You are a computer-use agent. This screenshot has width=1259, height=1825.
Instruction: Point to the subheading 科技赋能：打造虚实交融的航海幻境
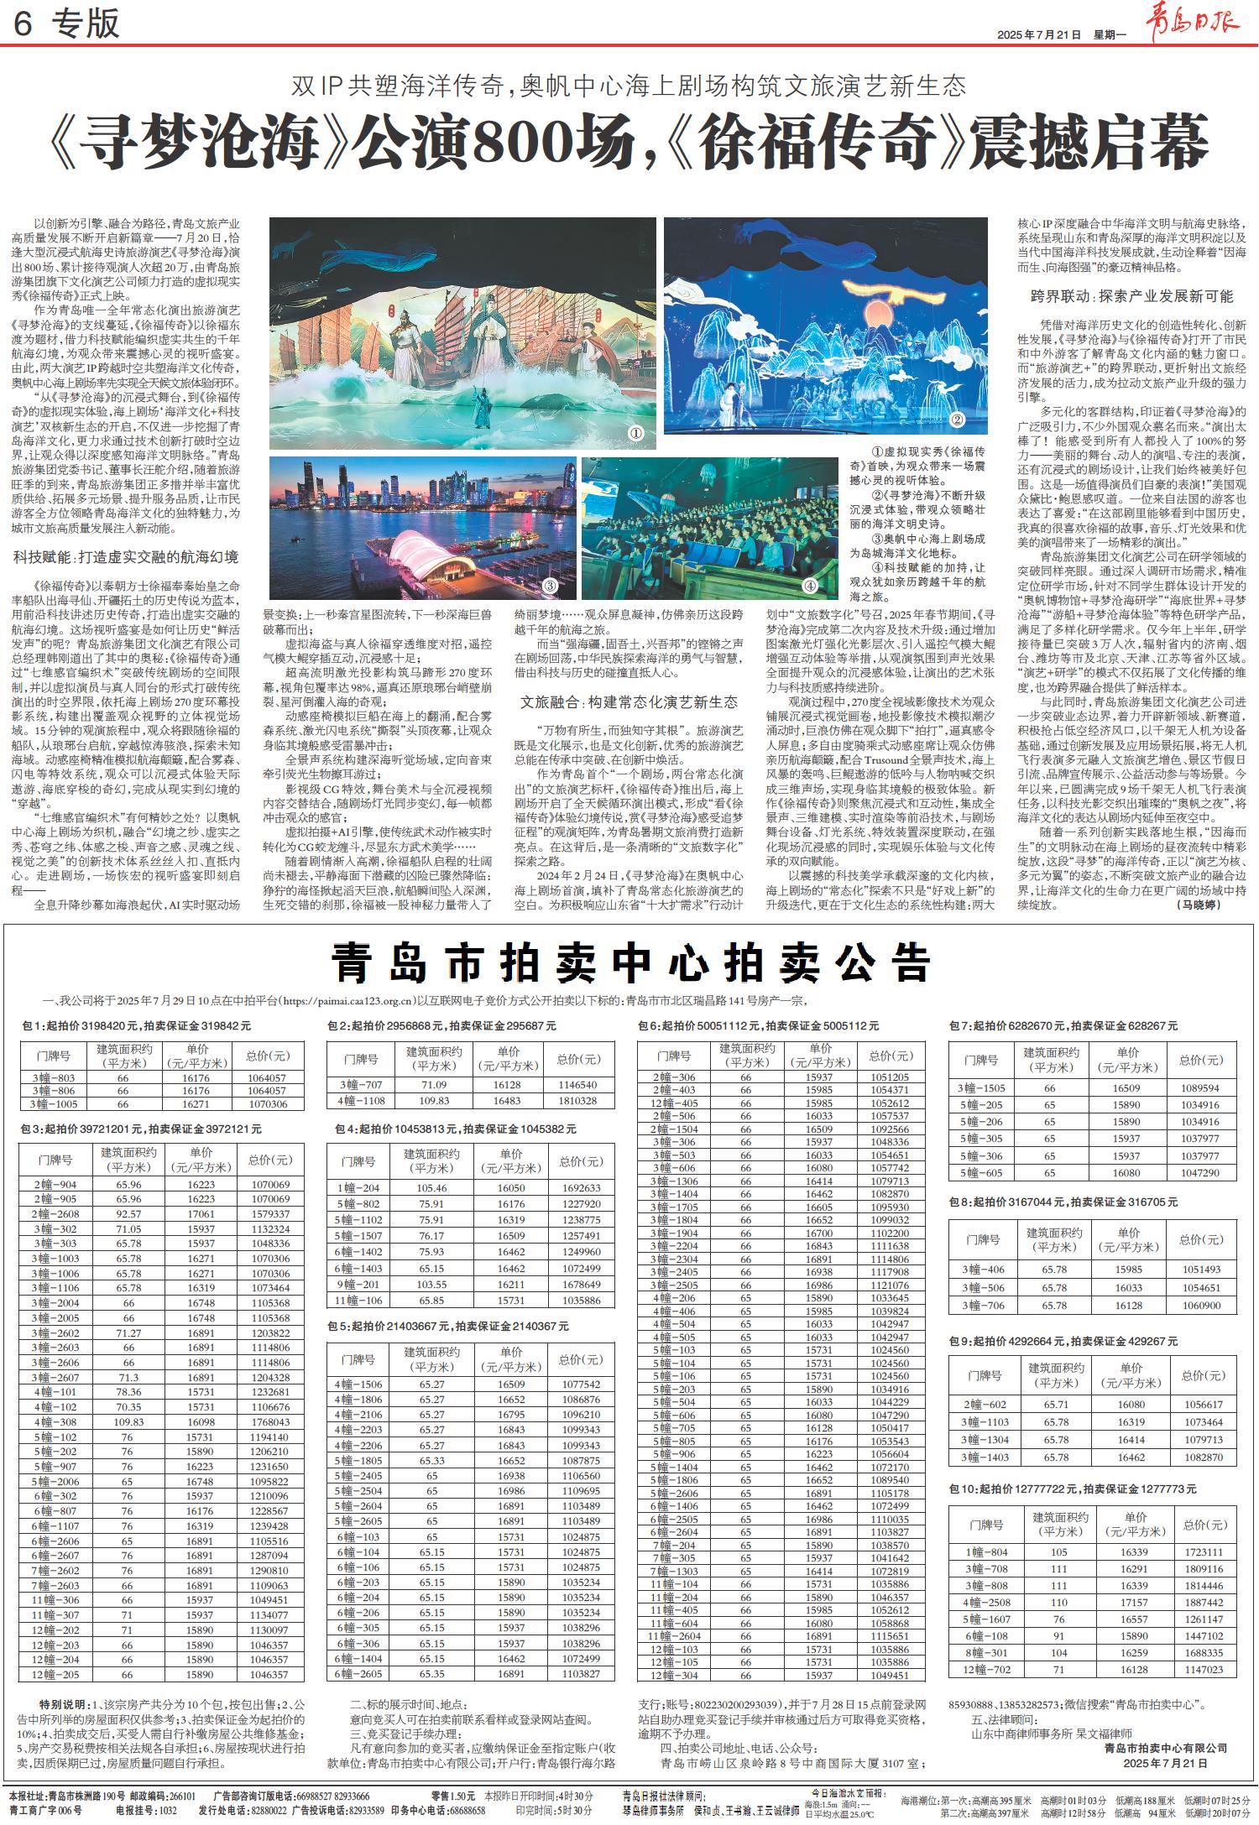(126, 556)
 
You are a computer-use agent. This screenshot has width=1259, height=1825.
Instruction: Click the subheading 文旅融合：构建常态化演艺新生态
(629, 702)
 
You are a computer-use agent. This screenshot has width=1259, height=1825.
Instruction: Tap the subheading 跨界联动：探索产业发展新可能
(1131, 296)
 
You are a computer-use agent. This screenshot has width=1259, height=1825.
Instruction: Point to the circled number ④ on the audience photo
(811, 585)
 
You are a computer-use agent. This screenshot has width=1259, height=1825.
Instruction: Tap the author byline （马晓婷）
(1207, 905)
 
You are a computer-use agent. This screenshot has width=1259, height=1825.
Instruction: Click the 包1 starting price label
(137, 1025)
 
